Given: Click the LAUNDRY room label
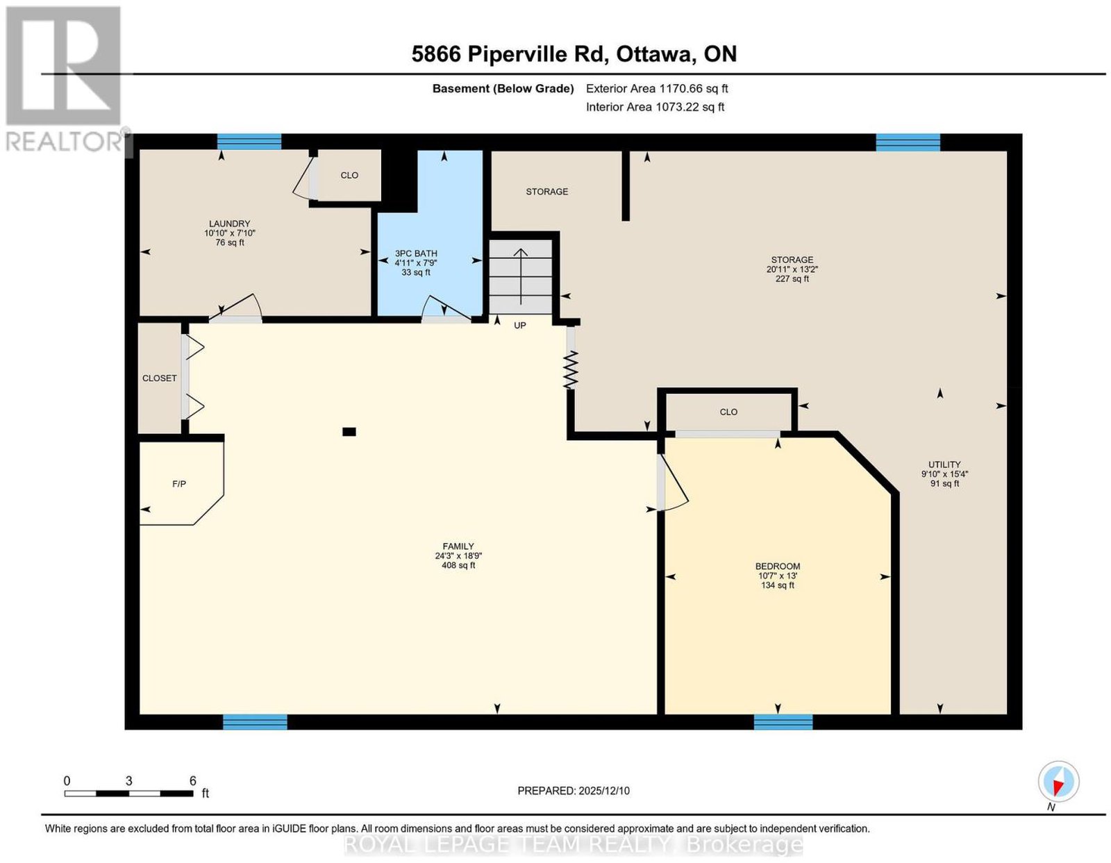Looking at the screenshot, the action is (x=230, y=224).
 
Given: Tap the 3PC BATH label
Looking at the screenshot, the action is (x=416, y=253).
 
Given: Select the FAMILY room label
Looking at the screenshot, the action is (x=458, y=546).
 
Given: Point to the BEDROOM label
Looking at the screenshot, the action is (x=778, y=566).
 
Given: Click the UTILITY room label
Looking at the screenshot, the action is (x=944, y=464).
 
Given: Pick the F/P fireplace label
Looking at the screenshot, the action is (x=179, y=484).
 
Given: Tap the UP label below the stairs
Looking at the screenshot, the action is (x=519, y=326).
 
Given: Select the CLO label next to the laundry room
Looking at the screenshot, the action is (x=349, y=175).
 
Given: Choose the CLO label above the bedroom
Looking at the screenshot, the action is (x=728, y=412).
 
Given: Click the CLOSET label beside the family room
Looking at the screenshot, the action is (x=160, y=378).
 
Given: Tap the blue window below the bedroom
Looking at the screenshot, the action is (x=783, y=722).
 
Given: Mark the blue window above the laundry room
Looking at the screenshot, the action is (x=249, y=142).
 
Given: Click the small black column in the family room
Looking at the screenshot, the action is (x=349, y=432).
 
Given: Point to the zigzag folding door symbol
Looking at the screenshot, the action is (x=571, y=369).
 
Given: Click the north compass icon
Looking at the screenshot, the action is (x=1058, y=781).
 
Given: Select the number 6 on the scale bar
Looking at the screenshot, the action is (x=193, y=781).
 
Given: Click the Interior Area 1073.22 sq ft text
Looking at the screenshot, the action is (x=655, y=107).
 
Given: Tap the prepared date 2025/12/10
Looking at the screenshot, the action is (x=604, y=791).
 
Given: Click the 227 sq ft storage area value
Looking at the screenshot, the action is (x=792, y=279).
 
